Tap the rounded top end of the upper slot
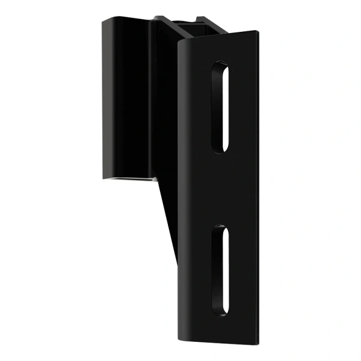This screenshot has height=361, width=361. pyautogui.click(x=220, y=64)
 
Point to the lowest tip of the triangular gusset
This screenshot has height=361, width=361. pyautogui.click(x=177, y=265)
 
